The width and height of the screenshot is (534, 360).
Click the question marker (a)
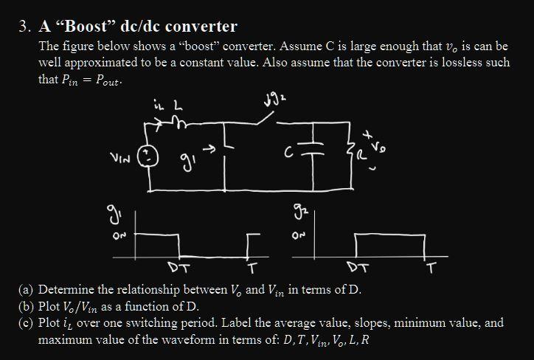pyautogui.click(x=27, y=288)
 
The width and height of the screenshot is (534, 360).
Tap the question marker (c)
pyautogui.click(x=27, y=323)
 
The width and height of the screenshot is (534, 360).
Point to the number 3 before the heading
pyautogui.click(x=23, y=27)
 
